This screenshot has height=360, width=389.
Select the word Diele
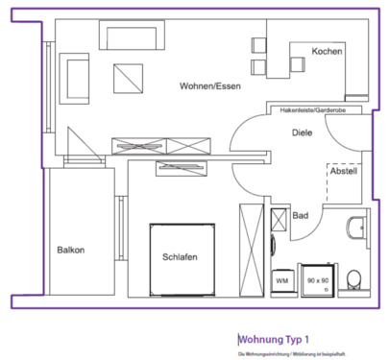pyautogui.click(x=304, y=133)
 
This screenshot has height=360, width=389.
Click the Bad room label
pyautogui.click(x=301, y=216)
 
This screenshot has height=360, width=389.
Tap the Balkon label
pyautogui.click(x=71, y=251)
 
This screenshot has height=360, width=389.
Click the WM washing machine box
pyautogui.click(x=282, y=278)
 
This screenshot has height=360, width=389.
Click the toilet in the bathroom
pyautogui.click(x=353, y=277)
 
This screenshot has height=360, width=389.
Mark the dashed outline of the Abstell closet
pyautogui.click(x=328, y=164)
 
